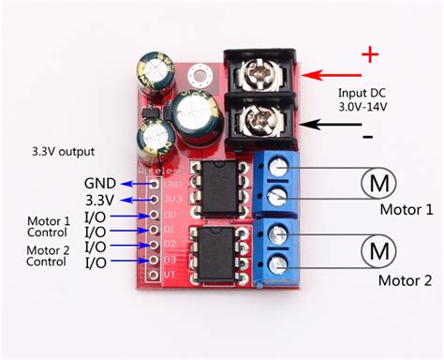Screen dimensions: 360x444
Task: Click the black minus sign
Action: [368, 137]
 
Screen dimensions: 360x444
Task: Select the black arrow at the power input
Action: [332, 124]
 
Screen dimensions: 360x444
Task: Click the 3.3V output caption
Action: [62, 151]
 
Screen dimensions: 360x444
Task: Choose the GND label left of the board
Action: [100, 183]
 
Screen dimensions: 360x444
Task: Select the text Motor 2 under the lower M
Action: [405, 280]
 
